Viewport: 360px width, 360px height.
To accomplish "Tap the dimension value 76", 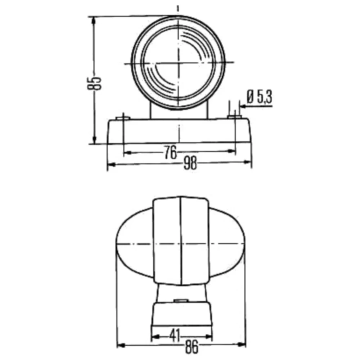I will pyautogui.click(x=171, y=153).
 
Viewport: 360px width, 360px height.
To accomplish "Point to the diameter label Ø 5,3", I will pyautogui.click(x=259, y=97).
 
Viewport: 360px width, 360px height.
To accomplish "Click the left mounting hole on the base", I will pyautogui.click(x=123, y=118).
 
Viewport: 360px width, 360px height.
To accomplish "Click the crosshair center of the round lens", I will pyautogui.click(x=178, y=63).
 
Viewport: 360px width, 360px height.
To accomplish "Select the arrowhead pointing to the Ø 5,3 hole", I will pyautogui.click(x=242, y=107).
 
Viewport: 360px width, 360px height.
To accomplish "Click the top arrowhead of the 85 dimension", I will pyautogui.click(x=94, y=20).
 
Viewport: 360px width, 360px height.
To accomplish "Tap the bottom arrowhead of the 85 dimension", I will pyautogui.click(x=94, y=140).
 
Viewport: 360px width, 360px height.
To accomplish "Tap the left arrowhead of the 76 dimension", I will pyautogui.click(x=127, y=153).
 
